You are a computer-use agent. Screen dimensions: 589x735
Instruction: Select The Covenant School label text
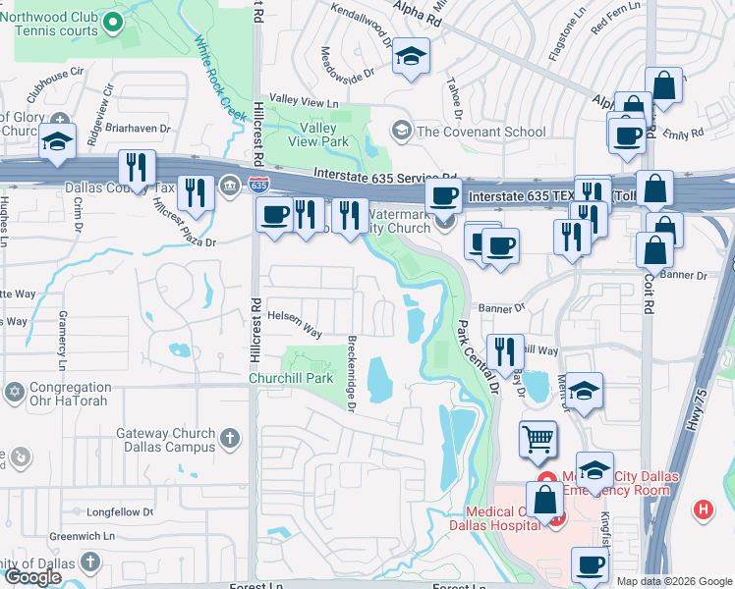pos(481,132)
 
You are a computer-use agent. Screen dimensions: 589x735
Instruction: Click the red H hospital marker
pos(703,509)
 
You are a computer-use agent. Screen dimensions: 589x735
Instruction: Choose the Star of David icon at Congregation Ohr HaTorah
pos(14,393)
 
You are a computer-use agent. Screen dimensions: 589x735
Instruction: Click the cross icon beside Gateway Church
pos(229,439)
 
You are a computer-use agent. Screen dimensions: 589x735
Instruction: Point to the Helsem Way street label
pos(296,323)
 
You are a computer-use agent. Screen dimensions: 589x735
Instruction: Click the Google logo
pos(32,577)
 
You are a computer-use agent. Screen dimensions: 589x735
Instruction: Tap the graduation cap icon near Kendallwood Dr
pos(411,56)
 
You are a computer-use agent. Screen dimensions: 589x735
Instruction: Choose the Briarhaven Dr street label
pos(138,129)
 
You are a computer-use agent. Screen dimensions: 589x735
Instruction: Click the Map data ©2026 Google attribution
pos(674,581)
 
